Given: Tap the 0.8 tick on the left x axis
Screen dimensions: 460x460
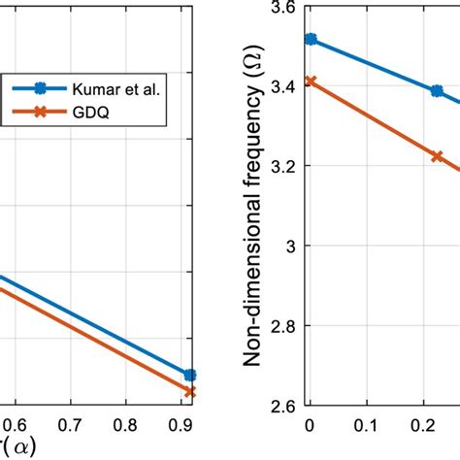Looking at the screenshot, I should coord(124,425).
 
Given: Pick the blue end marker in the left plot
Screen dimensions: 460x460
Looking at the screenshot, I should coord(190,375).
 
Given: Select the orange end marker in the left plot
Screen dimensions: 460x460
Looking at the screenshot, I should coord(190,391).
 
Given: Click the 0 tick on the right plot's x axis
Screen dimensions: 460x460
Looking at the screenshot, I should coord(310,425).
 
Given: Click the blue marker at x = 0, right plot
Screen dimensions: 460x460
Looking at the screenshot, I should coord(311,39).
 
